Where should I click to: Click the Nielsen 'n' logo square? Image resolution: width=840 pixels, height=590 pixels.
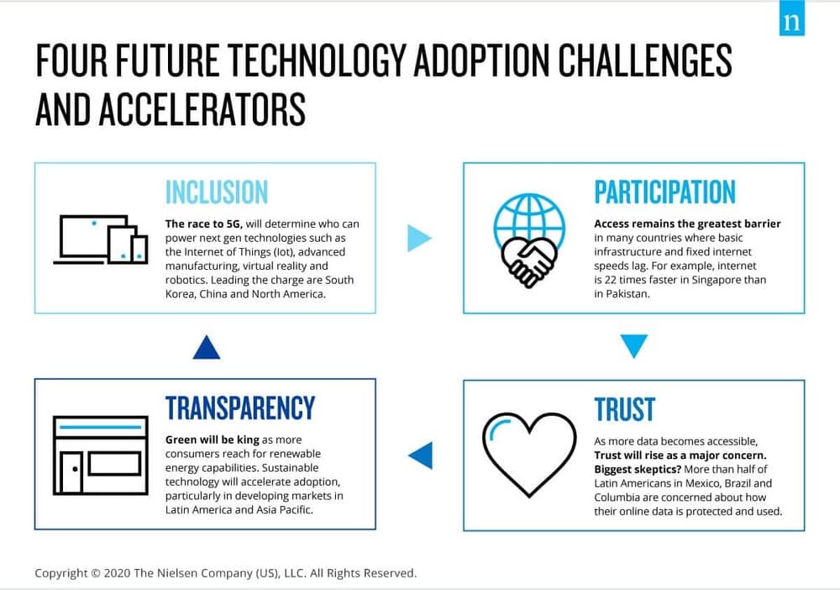click(x=792, y=18)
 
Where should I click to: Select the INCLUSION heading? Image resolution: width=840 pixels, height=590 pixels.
click(x=217, y=192)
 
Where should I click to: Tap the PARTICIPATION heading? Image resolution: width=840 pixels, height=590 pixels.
click(x=664, y=192)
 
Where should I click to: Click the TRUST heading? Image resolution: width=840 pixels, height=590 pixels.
click(x=625, y=409)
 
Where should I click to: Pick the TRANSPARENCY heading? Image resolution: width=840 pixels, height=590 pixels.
click(x=240, y=408)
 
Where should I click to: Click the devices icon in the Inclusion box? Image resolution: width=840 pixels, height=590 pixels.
click(x=101, y=240)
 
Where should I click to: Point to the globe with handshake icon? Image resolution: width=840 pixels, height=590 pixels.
click(x=529, y=240)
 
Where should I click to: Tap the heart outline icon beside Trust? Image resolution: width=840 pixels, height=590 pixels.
click(x=529, y=455)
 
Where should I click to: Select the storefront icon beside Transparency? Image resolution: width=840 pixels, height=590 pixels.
click(x=101, y=456)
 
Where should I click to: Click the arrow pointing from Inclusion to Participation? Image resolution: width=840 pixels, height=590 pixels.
click(x=419, y=238)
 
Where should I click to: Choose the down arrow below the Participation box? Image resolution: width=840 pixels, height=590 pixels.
click(x=633, y=345)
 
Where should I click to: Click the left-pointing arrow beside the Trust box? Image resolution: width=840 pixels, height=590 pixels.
click(x=421, y=456)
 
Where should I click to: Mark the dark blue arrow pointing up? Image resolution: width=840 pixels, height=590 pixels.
click(x=207, y=347)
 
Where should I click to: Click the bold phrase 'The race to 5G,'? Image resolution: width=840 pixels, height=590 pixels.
click(x=203, y=224)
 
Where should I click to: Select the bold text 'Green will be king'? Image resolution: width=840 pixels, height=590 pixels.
click(x=213, y=440)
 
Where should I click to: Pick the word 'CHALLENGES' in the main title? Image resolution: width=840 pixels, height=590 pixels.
click(x=645, y=60)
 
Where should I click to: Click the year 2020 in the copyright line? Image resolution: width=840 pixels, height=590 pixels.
click(x=117, y=573)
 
